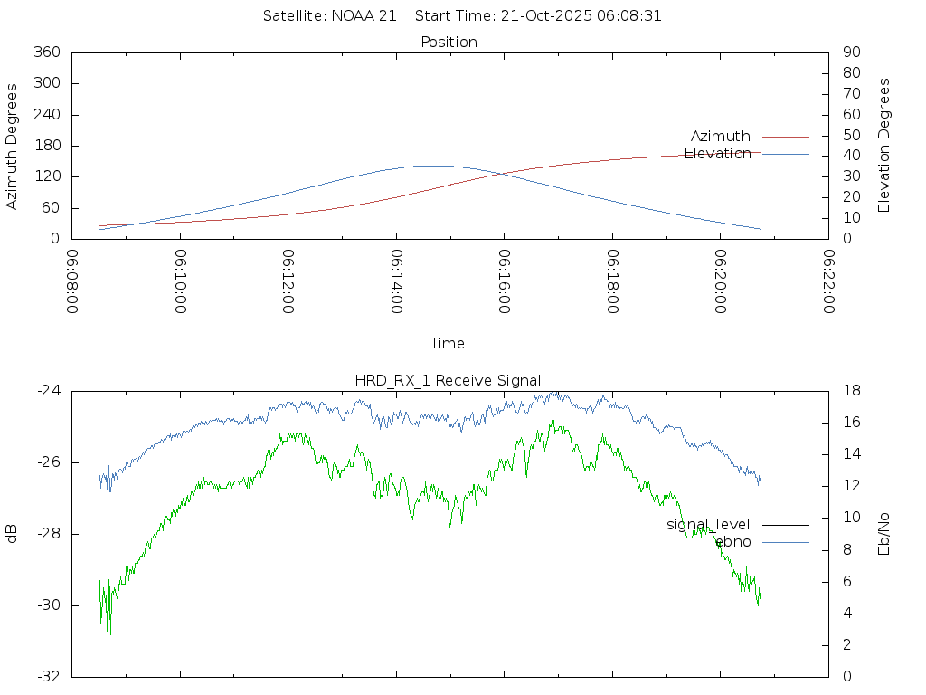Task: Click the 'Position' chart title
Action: [449, 42]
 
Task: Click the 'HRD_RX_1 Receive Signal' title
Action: [449, 380]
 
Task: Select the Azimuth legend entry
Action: [720, 137]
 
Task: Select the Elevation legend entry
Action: [717, 154]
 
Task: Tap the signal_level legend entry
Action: [708, 525]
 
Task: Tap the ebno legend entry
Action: [732, 542]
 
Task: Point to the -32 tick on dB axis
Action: [48, 676]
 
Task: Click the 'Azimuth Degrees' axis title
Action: [12, 146]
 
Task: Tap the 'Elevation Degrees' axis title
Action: [884, 146]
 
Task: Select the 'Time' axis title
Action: [448, 344]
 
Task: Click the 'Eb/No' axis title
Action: [884, 534]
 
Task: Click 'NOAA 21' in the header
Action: [365, 16]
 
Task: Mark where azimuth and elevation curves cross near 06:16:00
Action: [500, 173]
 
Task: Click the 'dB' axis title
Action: [12, 534]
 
